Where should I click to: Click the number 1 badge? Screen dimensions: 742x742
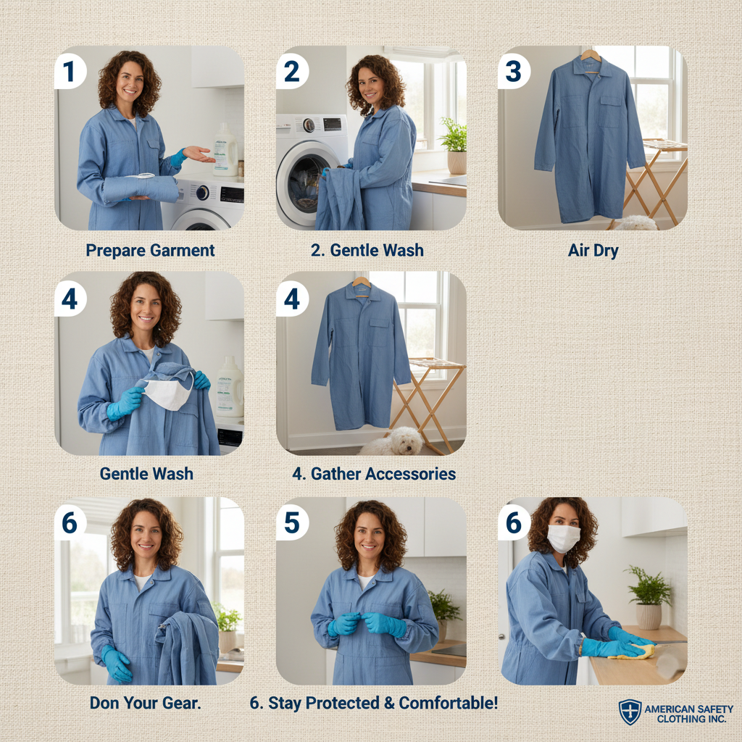pos(70,72)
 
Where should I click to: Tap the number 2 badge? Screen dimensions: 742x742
pos(292,72)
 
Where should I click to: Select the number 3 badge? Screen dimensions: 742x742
pos(514,72)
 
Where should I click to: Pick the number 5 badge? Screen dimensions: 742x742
pos(292,523)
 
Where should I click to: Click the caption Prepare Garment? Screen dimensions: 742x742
pos(150,250)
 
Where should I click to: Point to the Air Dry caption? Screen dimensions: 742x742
pos(593,250)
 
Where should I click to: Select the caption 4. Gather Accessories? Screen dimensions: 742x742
pos(374,474)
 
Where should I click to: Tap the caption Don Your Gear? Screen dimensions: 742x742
pos(145,703)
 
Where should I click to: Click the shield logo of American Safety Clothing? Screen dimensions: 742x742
pos(630,712)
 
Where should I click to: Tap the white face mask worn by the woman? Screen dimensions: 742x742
pos(563,538)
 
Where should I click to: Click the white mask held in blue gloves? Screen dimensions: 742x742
pos(167,392)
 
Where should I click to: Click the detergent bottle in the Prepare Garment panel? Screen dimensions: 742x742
pos(225,149)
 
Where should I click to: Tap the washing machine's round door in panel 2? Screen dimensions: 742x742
pos(305,182)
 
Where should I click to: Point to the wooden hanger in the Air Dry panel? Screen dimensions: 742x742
pos(591,59)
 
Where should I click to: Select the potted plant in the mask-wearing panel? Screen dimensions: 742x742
pos(649,597)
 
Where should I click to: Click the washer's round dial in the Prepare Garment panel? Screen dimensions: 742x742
pos(203,193)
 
